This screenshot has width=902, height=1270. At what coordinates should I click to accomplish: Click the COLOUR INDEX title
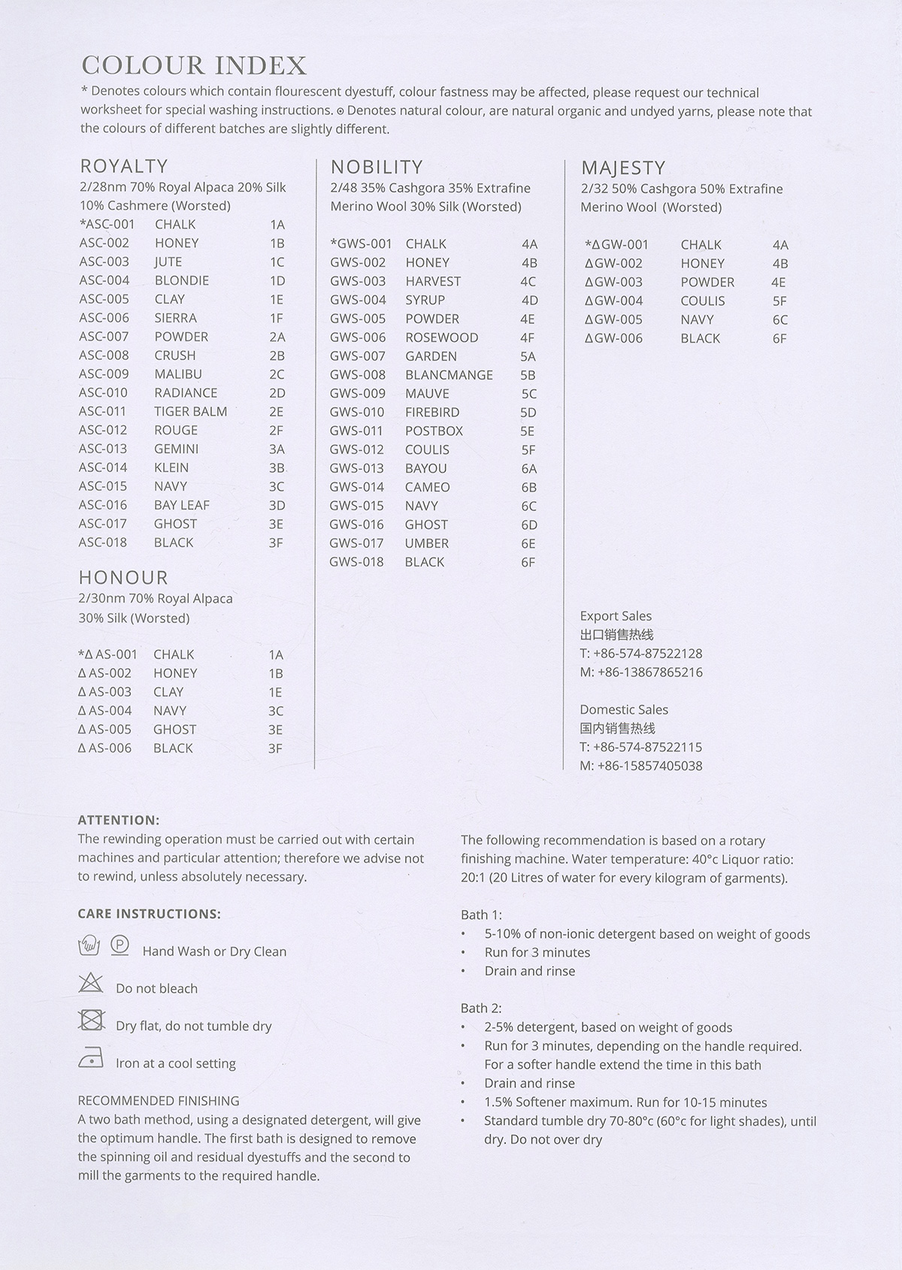pyautogui.click(x=194, y=66)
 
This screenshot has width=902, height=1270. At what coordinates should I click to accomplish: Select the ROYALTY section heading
pyautogui.click(x=124, y=166)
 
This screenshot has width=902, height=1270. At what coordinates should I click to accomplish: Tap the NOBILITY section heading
pyautogui.click(x=377, y=167)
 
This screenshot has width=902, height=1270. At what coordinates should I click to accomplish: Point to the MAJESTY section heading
pyautogui.click(x=623, y=168)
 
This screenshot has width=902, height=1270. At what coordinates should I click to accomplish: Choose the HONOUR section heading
pyautogui.click(x=123, y=577)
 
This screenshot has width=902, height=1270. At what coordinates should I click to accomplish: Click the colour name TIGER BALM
pyautogui.click(x=190, y=411)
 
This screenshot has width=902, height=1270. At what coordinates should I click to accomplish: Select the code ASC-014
pyautogui.click(x=103, y=467)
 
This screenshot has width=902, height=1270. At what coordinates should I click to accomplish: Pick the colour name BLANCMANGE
pyautogui.click(x=449, y=375)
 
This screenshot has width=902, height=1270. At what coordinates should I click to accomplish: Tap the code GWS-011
pyautogui.click(x=356, y=431)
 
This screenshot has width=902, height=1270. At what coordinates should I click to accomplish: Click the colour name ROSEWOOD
pyautogui.click(x=441, y=337)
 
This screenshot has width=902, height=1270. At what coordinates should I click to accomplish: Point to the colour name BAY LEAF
pyautogui.click(x=181, y=505)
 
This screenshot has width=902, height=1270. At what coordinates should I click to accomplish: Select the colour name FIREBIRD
pyautogui.click(x=432, y=412)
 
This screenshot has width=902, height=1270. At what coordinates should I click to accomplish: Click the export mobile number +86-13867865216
pyautogui.click(x=641, y=672)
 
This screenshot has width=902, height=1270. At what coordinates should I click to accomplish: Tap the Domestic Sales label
pyautogui.click(x=624, y=709)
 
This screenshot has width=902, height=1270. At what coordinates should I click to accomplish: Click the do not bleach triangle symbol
pyautogui.click(x=91, y=982)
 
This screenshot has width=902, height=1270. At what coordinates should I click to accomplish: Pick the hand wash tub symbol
pyautogui.click(x=89, y=945)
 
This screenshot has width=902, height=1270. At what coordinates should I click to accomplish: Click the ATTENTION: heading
pyautogui.click(x=119, y=820)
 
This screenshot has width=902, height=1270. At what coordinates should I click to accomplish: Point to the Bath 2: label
pyautogui.click(x=481, y=1008)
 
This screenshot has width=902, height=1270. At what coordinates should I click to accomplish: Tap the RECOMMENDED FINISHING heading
pyautogui.click(x=159, y=1100)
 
